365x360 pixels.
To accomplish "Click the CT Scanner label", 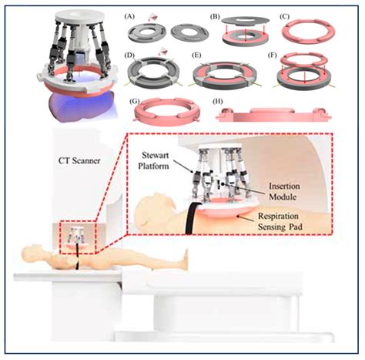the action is [x=79, y=161].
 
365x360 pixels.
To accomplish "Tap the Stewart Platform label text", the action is [x=154, y=160].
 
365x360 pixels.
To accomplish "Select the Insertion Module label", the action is [x=284, y=191].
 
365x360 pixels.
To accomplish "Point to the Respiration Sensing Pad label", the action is [x=280, y=221].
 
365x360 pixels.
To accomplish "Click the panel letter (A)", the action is [x=129, y=17].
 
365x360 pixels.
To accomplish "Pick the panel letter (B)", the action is [x=215, y=17].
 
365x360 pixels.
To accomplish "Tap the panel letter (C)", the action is [x=284, y=17].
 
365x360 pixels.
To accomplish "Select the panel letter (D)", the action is [x=129, y=56].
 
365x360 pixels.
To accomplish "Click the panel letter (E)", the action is [x=196, y=56].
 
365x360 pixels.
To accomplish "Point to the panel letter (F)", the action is [x=273, y=56].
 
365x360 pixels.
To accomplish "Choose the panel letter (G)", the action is [x=135, y=101].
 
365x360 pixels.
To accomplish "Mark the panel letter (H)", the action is [x=218, y=101].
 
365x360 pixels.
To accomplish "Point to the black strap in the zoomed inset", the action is [x=191, y=218].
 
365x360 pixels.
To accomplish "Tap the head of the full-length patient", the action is [x=28, y=251].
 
